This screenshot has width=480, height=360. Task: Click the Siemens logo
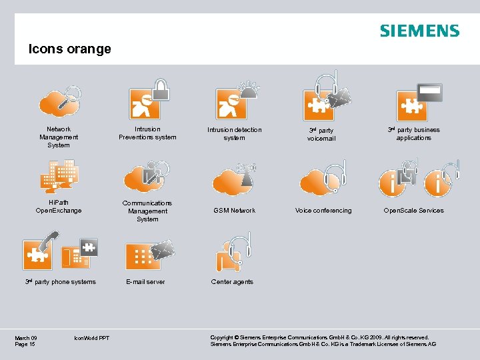pos(419,31)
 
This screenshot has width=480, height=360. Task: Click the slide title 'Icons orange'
pos(69,49)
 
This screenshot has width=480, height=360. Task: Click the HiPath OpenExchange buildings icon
pos(59,175)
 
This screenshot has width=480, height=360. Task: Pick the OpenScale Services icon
pos(418,177)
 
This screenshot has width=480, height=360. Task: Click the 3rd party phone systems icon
pos(60,249)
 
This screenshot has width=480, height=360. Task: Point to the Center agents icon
pos(233,252)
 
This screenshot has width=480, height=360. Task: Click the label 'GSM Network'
pos(234,211)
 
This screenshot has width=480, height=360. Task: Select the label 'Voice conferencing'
pos(323,211)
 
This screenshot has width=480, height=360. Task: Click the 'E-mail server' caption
pos(146,282)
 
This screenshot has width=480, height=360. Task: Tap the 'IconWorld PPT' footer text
pos(92,339)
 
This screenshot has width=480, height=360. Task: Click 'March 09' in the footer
pos(26,338)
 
